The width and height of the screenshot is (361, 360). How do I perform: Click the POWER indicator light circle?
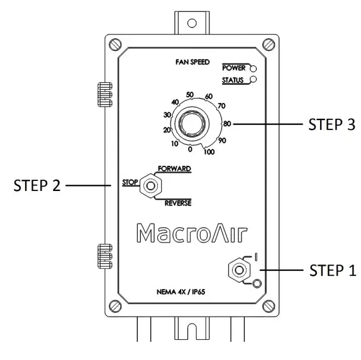(x=253, y=68)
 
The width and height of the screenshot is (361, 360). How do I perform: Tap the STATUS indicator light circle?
(x=253, y=79)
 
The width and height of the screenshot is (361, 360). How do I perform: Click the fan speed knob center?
(x=192, y=123)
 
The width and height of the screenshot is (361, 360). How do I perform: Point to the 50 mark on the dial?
(x=190, y=94)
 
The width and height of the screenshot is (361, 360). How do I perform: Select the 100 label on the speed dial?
(x=209, y=152)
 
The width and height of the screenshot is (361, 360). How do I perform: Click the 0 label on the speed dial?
(x=190, y=150)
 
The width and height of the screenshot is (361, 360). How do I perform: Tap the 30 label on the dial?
(x=167, y=114)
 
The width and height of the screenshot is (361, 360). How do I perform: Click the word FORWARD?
(x=174, y=168)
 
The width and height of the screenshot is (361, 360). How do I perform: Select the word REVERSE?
(x=178, y=203)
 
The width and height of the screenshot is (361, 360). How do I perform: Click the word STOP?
(x=130, y=182)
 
